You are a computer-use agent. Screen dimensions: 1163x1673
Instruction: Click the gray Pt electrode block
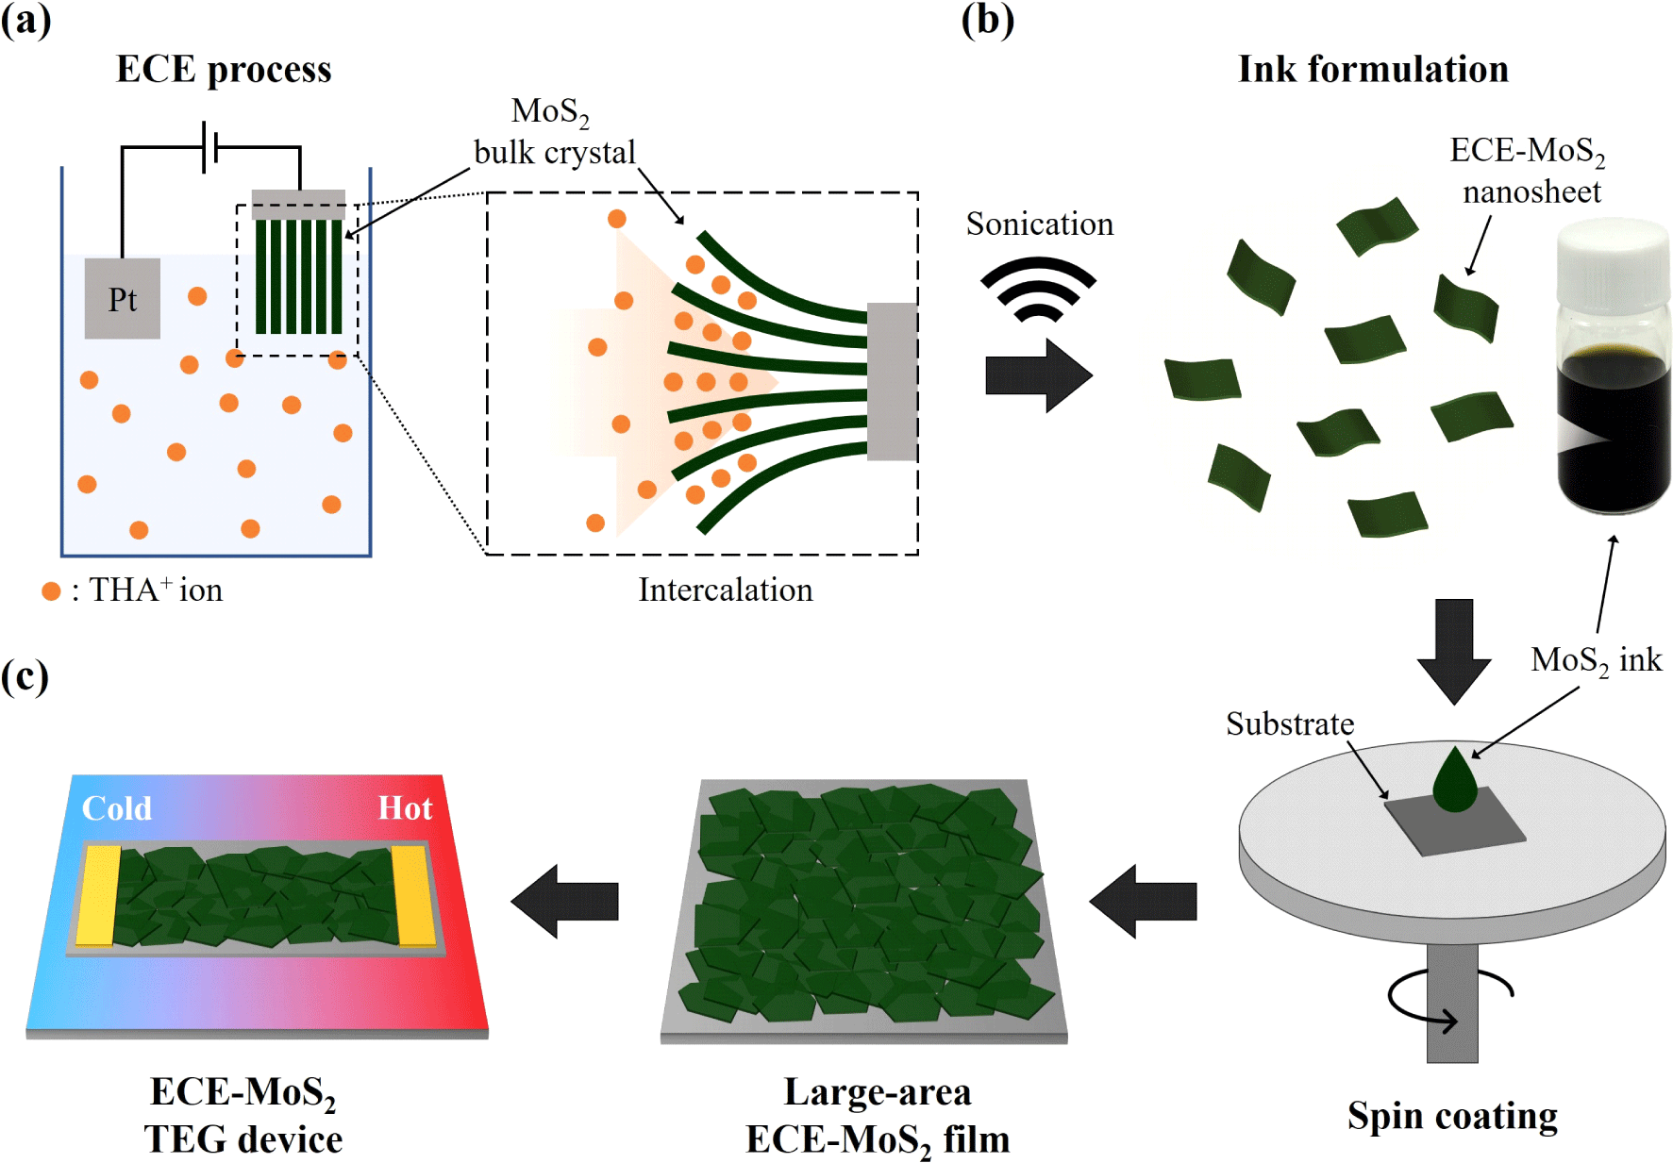tap(123, 298)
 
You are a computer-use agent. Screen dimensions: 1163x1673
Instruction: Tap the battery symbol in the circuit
tap(209, 147)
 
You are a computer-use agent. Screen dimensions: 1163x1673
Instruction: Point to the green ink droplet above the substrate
tap(1455, 781)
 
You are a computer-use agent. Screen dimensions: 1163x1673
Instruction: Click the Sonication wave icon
tap(1038, 288)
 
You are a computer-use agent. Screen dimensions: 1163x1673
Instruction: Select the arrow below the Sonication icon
tap(1038, 375)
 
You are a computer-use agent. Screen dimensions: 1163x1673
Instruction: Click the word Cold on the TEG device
tap(116, 808)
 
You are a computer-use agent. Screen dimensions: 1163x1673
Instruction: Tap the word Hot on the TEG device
tap(405, 808)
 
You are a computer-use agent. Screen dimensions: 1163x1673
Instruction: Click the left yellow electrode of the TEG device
tap(98, 895)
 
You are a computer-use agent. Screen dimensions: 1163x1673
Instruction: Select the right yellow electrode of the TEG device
tap(414, 895)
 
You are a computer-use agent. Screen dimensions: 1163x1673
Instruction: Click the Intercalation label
tap(725, 590)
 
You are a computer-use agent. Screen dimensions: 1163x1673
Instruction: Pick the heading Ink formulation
tap(1373, 70)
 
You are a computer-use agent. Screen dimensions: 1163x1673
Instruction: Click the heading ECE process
tap(224, 70)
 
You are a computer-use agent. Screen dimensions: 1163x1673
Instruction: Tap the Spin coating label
tap(1452, 1116)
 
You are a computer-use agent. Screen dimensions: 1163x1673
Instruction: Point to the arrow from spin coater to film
tap(1143, 901)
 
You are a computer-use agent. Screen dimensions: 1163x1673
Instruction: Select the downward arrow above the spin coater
tap(1454, 651)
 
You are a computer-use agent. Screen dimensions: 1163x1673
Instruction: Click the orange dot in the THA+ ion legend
tap(51, 591)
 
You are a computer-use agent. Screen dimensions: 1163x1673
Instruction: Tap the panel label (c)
tap(25, 676)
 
